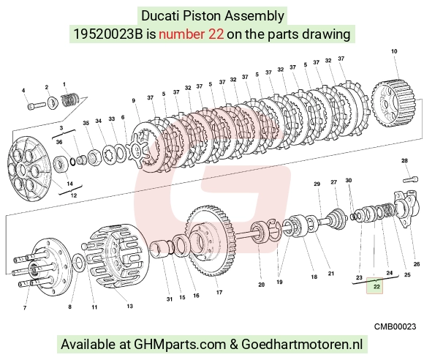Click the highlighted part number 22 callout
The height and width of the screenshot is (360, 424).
coord(374,285)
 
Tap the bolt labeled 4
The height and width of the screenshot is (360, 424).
coord(37,105)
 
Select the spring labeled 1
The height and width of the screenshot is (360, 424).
coord(69,100)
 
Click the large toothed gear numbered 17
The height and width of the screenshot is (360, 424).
coord(211,241)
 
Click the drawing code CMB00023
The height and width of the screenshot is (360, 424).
coord(395,326)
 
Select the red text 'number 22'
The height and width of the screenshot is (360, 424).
coord(192,34)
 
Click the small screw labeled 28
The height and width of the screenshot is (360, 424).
coord(411,179)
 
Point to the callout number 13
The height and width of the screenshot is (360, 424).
coord(130,306)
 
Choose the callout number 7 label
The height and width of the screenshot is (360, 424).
coord(25,307)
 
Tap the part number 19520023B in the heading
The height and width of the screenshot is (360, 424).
coord(108,34)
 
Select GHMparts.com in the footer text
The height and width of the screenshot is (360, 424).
coord(180,345)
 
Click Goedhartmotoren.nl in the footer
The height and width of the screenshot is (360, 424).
coord(302,345)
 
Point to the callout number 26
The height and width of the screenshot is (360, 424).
coord(417,264)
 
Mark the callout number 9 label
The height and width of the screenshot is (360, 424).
coord(133,101)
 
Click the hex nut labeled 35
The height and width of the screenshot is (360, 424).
coord(94,157)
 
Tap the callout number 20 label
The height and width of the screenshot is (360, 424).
coord(261,285)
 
